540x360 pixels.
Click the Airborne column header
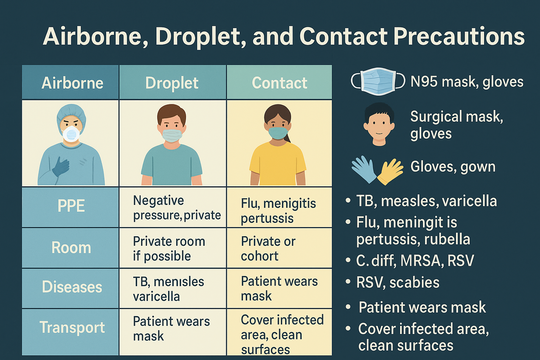tap(72, 83)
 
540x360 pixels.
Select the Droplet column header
tap(172, 83)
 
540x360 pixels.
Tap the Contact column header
tap(279, 83)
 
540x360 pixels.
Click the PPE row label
tap(71, 206)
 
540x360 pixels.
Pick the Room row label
tap(71, 248)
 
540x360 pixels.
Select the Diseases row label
tap(72, 287)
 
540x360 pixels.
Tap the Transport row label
tap(72, 328)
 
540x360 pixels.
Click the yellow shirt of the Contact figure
tap(277, 163)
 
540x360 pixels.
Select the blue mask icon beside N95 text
tap(378, 82)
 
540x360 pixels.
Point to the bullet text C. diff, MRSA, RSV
tap(415, 261)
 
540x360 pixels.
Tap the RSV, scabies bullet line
tap(398, 283)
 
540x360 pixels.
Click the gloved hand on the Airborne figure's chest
tap(61, 167)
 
